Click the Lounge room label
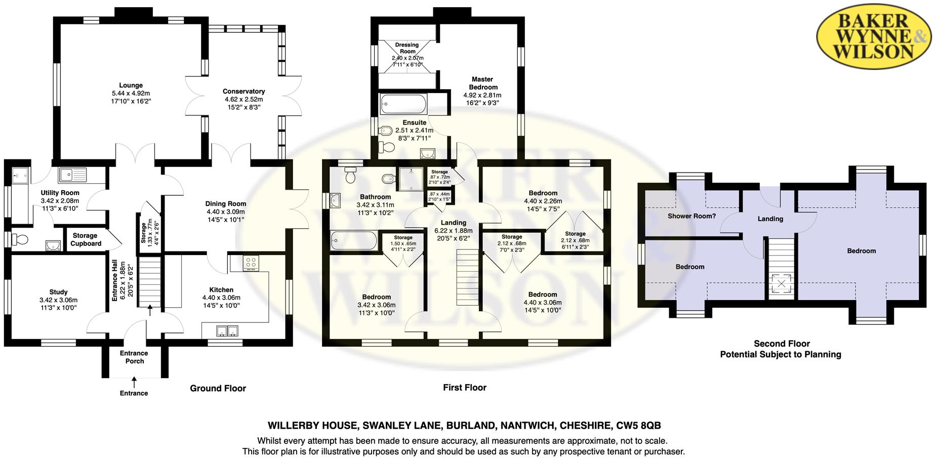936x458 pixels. (x=131, y=86)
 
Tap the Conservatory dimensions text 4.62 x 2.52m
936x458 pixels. (x=244, y=99)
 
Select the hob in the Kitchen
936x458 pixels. (x=251, y=263)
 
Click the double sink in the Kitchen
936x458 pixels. (x=227, y=331)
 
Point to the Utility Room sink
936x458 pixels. (x=72, y=175)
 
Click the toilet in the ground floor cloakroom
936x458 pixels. (x=18, y=239)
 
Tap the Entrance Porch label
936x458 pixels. (x=134, y=357)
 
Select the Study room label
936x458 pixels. (x=58, y=292)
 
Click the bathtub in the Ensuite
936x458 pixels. (x=403, y=104)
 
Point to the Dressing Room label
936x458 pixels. (x=407, y=48)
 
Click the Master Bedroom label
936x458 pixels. (x=482, y=83)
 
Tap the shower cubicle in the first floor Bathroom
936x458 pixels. (x=411, y=179)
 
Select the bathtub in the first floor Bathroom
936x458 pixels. (x=354, y=240)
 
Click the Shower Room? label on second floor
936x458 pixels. (x=691, y=216)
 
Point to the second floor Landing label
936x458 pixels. (x=770, y=219)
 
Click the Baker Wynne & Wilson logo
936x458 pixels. (x=874, y=36)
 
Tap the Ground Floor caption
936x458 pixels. (x=218, y=388)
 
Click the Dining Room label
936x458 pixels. (x=226, y=204)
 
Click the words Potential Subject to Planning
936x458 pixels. (x=781, y=354)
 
